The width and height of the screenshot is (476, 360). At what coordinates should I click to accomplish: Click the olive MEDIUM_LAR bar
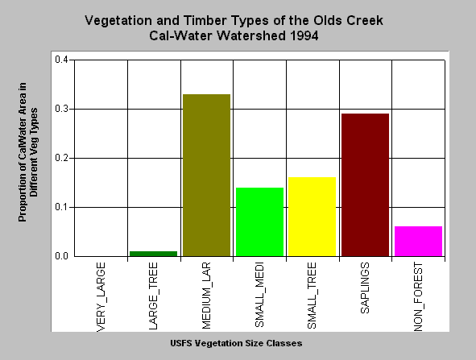tap(207, 175)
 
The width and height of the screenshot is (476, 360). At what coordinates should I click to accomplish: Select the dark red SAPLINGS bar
tap(365, 185)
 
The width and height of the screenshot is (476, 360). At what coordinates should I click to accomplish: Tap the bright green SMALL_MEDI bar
tap(259, 222)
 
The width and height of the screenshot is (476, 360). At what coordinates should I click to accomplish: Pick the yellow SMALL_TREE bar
tap(312, 217)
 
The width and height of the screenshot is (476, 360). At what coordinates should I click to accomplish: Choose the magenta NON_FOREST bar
tap(418, 242)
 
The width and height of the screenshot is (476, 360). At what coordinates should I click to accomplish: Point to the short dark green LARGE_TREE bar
tap(153, 254)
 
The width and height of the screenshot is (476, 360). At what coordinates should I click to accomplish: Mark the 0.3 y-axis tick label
tap(61, 109)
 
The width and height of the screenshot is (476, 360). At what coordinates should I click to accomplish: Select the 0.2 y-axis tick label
tap(61, 158)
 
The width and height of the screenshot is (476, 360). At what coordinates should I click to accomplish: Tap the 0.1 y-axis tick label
tap(61, 207)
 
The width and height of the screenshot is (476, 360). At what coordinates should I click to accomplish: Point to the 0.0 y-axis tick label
tap(61, 256)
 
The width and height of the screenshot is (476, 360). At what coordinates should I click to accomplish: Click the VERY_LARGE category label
tap(101, 297)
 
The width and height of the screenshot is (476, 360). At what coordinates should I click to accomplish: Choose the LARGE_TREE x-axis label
tap(153, 296)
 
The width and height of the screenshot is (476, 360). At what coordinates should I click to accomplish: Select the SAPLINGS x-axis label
tap(365, 288)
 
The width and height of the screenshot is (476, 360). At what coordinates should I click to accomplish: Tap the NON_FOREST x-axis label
tap(418, 297)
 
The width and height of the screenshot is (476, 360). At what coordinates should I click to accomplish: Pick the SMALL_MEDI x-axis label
tap(259, 295)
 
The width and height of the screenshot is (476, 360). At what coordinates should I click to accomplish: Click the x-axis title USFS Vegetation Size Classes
tap(236, 343)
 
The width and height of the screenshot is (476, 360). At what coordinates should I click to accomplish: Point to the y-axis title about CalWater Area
tap(28, 152)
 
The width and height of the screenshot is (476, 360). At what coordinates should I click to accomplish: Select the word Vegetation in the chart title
tap(118, 21)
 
